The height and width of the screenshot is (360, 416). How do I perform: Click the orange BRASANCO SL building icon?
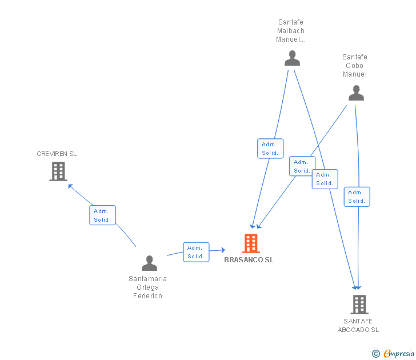tap(251, 243)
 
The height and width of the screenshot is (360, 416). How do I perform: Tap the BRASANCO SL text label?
tap(249, 260)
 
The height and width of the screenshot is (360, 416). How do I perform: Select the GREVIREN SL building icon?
tap(58, 171)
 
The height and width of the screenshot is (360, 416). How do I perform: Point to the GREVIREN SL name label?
tap(57, 154)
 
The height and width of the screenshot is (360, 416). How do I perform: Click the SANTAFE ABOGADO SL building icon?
tap(359, 304)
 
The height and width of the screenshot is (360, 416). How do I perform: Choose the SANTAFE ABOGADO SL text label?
tap(358, 325)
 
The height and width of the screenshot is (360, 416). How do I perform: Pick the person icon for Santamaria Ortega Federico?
tap(149, 263)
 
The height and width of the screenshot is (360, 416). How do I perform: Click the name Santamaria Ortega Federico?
tap(148, 287)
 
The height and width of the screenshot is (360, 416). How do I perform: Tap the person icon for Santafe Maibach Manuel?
tap(292, 58)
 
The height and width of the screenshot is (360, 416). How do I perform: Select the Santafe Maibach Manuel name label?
tap(291, 31)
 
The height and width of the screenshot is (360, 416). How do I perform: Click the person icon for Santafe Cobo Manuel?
tap(356, 93)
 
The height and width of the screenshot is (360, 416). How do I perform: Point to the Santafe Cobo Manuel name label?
tap(355, 66)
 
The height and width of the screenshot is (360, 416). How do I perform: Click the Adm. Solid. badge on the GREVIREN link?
tap(103, 215)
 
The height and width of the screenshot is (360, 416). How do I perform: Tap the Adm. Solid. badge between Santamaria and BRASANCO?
tap(196, 252)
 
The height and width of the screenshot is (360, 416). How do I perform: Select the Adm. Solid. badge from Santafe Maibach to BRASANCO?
tap(270, 149)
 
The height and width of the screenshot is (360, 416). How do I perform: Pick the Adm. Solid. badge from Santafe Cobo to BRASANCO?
tap(302, 166)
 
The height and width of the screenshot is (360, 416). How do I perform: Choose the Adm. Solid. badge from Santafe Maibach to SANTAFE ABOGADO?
tap(325, 179)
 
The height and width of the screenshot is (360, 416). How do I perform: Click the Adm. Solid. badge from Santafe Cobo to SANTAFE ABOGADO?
tap(357, 197)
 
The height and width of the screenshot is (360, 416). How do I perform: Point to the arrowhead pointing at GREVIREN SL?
tap(70, 185)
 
